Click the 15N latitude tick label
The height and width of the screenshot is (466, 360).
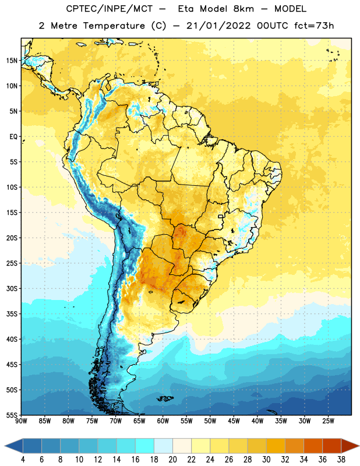pos(12,61)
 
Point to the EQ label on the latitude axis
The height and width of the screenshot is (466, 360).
pos(13,137)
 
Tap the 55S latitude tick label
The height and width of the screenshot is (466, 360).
pos(12,415)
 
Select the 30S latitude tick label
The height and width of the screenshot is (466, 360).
pos(12,288)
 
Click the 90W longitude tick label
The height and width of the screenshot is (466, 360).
pos(21,421)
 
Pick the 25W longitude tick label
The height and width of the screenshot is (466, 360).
pos(328,421)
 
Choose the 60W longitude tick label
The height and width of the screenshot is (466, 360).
pos(163,421)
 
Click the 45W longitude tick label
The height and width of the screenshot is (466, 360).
pos(234,421)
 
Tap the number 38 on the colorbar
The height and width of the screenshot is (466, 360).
pos(341,460)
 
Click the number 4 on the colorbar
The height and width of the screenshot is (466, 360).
pos(23,460)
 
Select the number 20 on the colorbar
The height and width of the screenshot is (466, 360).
pos(172,460)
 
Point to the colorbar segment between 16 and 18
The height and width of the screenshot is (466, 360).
pos(145,446)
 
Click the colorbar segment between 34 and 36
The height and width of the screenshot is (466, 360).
pos(313,446)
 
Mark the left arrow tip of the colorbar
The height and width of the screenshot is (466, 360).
pos(5,446)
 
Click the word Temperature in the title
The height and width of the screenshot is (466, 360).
pos(114,26)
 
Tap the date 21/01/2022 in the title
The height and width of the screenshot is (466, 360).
pos(218,26)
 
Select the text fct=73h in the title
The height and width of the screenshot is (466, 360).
pos(314,26)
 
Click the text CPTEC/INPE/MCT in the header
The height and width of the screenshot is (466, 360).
pos(110,9)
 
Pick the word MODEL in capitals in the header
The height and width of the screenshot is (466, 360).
pos(290,9)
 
